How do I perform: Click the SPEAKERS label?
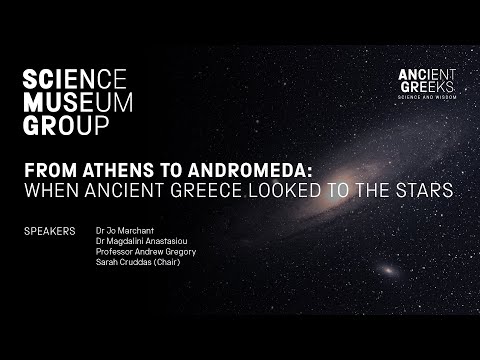coord(49,231)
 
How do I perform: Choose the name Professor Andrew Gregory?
coord(146,252)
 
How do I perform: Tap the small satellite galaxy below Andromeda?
coord(384,270)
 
